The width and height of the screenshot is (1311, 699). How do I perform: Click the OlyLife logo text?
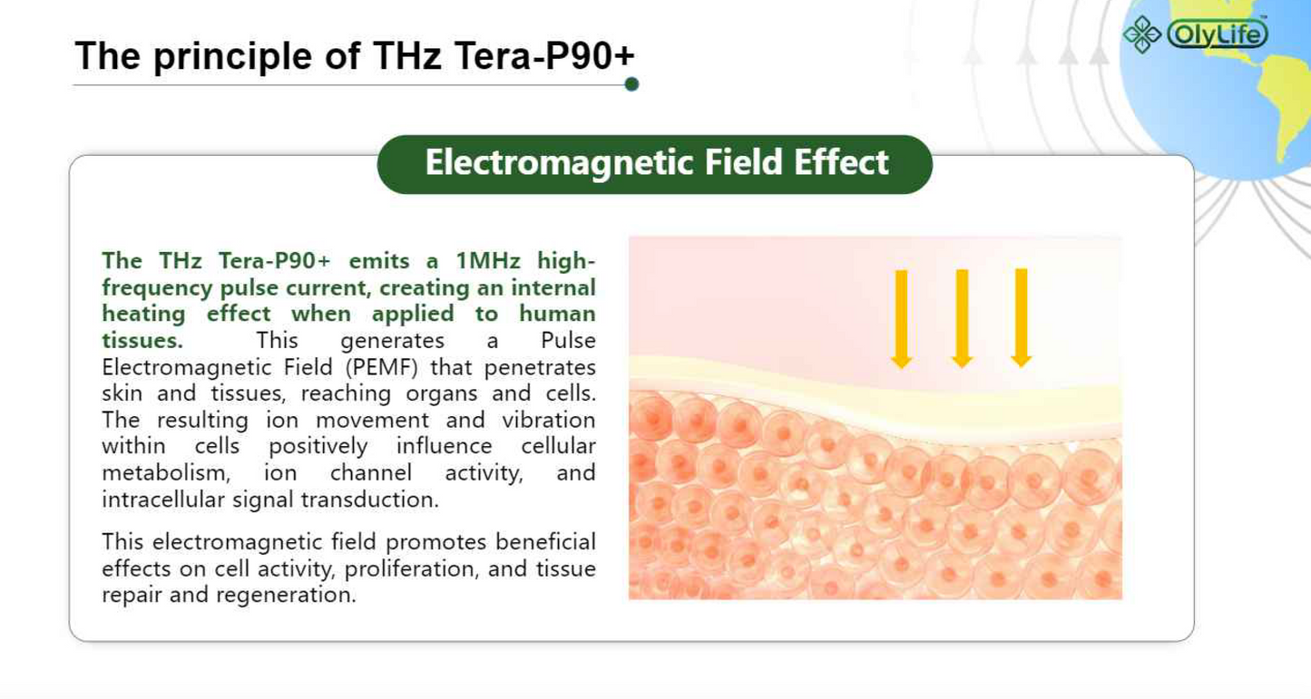(1218, 34)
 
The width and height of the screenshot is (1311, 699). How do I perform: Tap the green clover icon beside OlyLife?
(1142, 34)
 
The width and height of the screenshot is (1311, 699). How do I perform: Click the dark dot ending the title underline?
(631, 84)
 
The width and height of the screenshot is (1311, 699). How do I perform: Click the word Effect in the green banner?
(841, 162)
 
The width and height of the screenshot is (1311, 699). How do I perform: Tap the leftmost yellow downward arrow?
(901, 319)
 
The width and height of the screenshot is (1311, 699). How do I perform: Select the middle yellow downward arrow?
(962, 319)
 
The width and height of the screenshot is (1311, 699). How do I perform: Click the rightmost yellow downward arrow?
(1022, 318)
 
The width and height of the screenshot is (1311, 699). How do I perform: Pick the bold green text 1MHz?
(487, 261)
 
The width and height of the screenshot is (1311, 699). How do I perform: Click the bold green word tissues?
(142, 340)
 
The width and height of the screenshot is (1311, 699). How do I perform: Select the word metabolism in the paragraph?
(166, 472)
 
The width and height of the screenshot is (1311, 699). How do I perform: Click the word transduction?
(369, 500)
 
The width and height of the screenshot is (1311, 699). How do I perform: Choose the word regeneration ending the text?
(286, 596)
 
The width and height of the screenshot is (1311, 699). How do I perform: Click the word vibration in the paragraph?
(548, 420)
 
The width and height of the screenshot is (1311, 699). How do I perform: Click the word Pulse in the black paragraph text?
(568, 340)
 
